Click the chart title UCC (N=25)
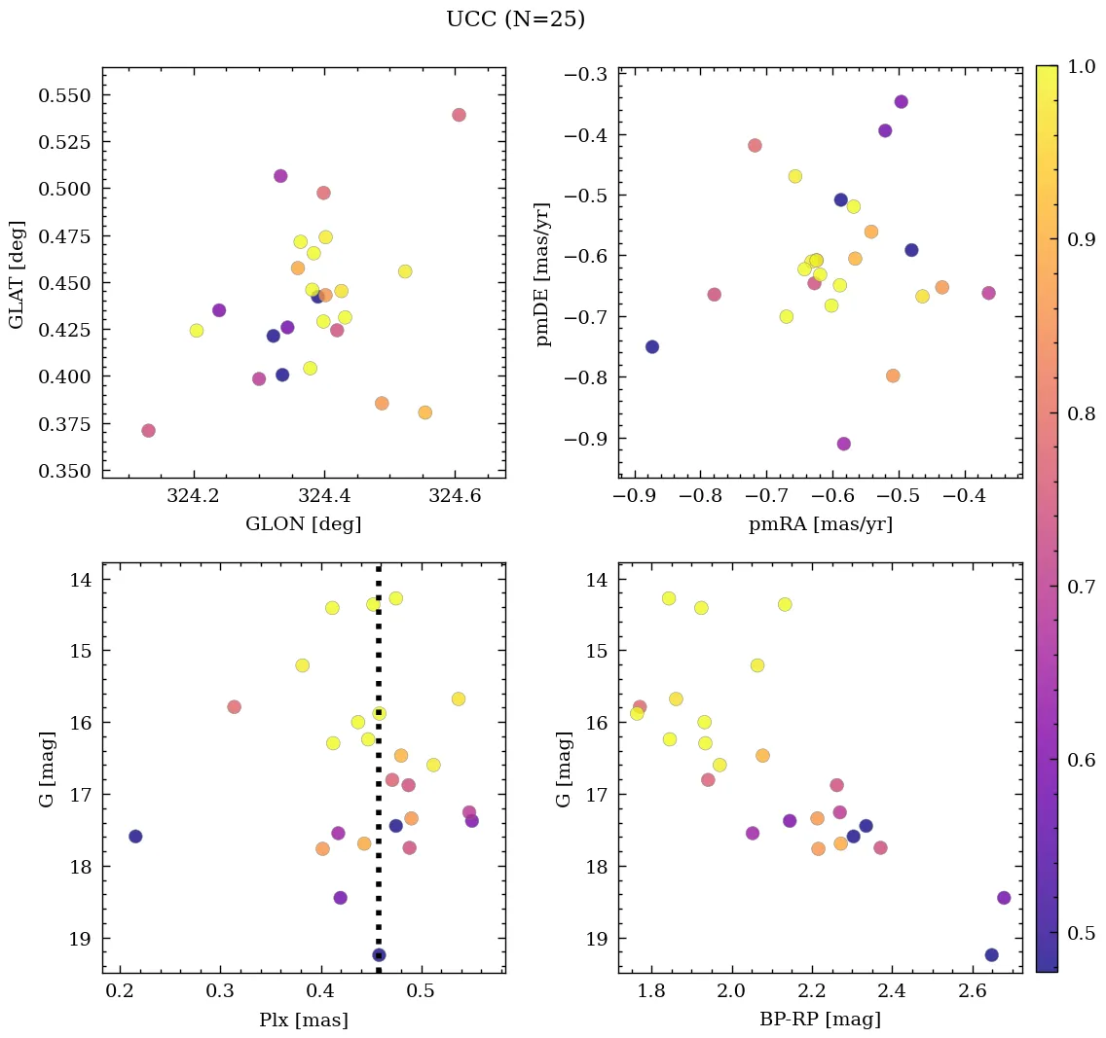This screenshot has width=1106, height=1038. point(515,19)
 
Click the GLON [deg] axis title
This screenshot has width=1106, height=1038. point(303,524)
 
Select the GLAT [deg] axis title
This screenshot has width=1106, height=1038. point(17,273)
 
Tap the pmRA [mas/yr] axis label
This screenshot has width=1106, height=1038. point(820,524)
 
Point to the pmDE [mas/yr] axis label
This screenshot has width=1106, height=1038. point(543,273)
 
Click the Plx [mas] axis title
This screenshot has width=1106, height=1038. point(303,1020)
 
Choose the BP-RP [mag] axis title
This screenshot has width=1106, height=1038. point(820,1020)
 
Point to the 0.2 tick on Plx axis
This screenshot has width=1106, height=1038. point(120,991)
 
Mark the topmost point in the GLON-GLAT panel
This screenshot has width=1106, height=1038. point(459,115)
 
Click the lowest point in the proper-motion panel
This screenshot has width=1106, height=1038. point(843,444)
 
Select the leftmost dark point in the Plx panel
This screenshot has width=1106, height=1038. point(135,837)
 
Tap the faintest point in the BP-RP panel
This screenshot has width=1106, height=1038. point(991,955)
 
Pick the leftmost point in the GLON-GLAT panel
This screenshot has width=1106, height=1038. point(148,431)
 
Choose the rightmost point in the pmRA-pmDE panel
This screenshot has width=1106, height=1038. point(988,293)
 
